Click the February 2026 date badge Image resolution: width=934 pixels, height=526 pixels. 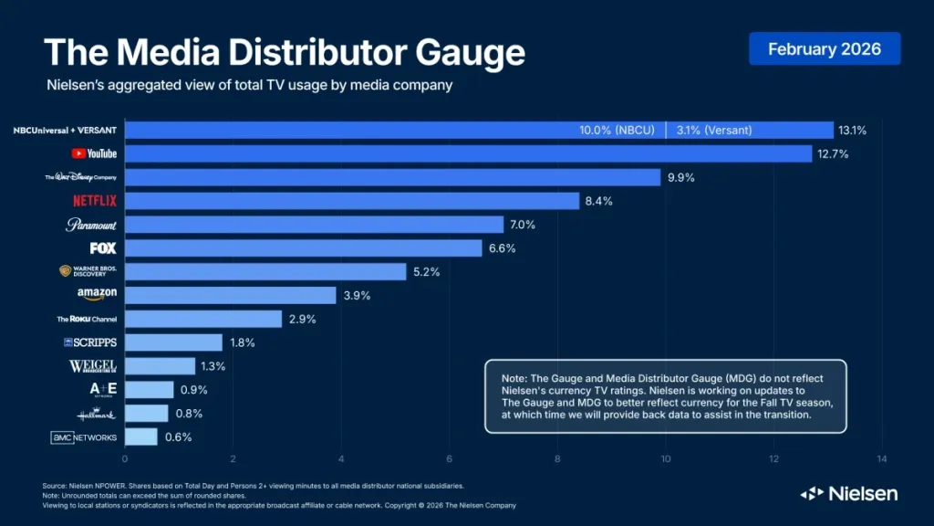pyautogui.click(x=825, y=48)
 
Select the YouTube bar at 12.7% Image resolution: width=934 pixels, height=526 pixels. pyautogui.click(x=468, y=153)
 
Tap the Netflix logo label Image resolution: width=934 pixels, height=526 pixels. pyautogui.click(x=95, y=201)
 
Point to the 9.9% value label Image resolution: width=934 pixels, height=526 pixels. pyautogui.click(x=680, y=177)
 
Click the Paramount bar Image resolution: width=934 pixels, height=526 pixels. pyautogui.click(x=314, y=225)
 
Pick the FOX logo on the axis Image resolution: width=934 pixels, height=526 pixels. pyautogui.click(x=102, y=247)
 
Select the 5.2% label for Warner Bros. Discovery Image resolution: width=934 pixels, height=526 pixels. pyautogui.click(x=426, y=271)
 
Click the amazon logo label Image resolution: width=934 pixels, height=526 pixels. pyautogui.click(x=97, y=294)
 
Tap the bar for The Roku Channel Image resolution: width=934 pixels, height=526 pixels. pyautogui.click(x=202, y=319)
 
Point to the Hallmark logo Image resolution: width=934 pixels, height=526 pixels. pyautogui.click(x=97, y=414)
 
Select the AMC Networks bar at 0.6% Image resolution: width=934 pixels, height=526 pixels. pyautogui.click(x=140, y=437)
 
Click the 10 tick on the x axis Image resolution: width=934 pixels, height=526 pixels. pyautogui.click(x=666, y=458)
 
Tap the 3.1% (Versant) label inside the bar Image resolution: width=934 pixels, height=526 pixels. pyautogui.click(x=714, y=131)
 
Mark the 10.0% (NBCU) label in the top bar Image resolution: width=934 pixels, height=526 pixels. pyautogui.click(x=617, y=131)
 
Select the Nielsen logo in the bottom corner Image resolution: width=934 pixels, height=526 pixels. pyautogui.click(x=849, y=493)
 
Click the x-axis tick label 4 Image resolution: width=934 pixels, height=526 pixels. pyautogui.click(x=341, y=458)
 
